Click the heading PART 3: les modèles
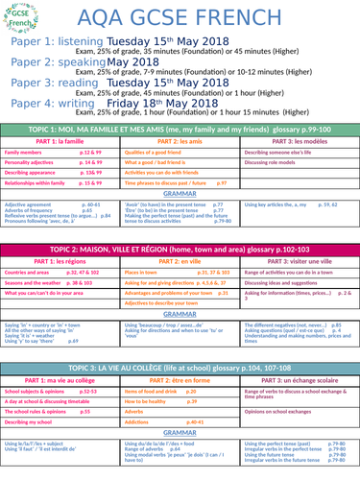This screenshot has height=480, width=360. [299, 140]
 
